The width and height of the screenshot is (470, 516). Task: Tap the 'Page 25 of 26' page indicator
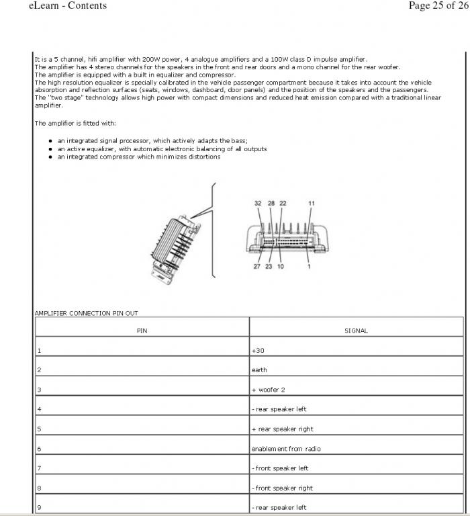pyautogui.click(x=437, y=5)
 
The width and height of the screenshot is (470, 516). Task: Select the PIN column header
pyautogui.click(x=142, y=331)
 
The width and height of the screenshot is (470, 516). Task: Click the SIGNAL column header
pyautogui.click(x=356, y=331)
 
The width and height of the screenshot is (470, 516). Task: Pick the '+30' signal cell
pyautogui.click(x=258, y=351)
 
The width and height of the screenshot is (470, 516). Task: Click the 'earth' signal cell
pyautogui.click(x=259, y=370)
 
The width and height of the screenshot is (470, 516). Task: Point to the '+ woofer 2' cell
pyautogui.click(x=268, y=390)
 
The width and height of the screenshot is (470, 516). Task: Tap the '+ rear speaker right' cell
pyautogui.click(x=282, y=429)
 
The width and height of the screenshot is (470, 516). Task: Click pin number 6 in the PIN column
pyautogui.click(x=39, y=449)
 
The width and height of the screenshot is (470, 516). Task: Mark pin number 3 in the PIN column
pyautogui.click(x=39, y=390)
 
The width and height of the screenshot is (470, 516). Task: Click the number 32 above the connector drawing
pyautogui.click(x=258, y=204)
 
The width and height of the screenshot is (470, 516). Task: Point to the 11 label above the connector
pyautogui.click(x=311, y=204)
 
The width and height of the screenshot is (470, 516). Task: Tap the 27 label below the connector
pyautogui.click(x=258, y=267)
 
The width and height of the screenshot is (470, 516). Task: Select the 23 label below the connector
pyautogui.click(x=269, y=267)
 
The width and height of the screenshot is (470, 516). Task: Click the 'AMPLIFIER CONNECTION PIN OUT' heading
pyautogui.click(x=86, y=313)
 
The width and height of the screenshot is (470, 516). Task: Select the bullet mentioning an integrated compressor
pyautogui.click(x=138, y=157)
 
